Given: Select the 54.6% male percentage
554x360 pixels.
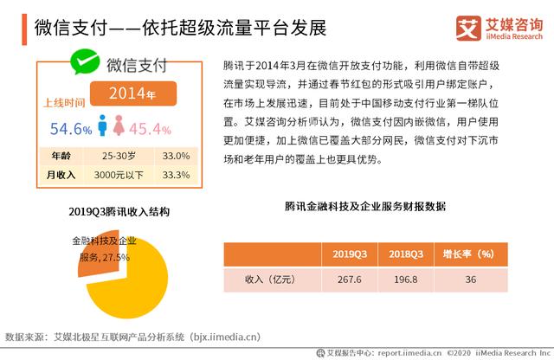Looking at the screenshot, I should (x=70, y=129).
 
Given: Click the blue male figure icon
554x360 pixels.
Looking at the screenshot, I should (x=106, y=126).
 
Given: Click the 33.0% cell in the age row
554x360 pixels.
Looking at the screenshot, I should (x=177, y=157).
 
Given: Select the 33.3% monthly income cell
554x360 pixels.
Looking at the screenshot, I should (x=177, y=174).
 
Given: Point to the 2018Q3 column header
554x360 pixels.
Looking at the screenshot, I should (x=405, y=254).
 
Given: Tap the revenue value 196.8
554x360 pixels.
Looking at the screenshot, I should (x=405, y=280).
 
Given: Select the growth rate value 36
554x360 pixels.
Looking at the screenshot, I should (x=470, y=280).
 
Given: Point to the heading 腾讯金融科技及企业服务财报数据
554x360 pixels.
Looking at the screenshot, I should (x=364, y=208).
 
